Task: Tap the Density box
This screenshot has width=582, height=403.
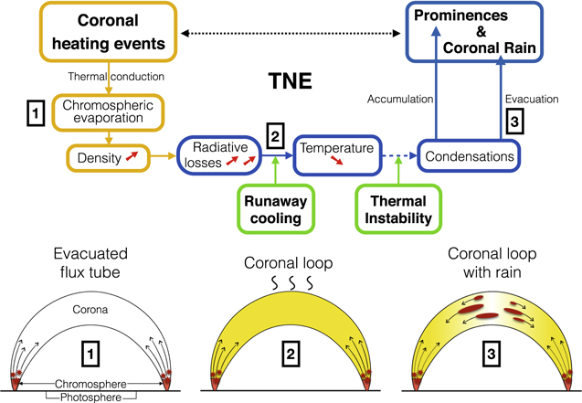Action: tap(107, 159)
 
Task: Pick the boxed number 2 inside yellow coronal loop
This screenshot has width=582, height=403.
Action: tap(290, 350)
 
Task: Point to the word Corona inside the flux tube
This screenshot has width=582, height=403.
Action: tap(93, 310)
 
